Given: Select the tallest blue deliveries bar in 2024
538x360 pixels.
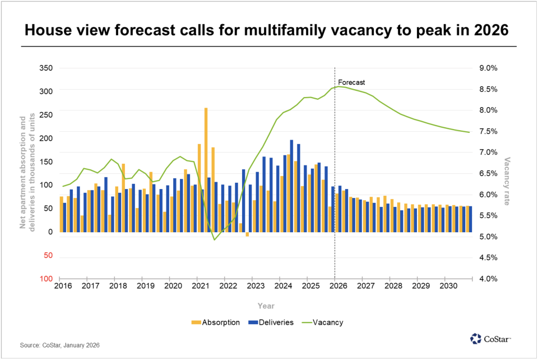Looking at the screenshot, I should coord(291,185).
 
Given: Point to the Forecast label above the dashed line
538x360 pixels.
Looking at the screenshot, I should coord(351,82).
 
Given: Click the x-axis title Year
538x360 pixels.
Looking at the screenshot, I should coord(266,306).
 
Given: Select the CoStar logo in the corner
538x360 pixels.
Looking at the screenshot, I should coord(490,338).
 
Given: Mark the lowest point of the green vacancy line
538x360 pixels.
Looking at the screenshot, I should coord(214,239).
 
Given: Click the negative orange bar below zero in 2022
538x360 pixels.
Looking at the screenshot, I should coord(247,234).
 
